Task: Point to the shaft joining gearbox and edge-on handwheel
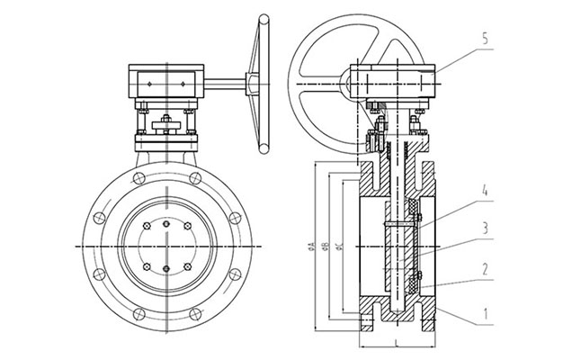point(228,86)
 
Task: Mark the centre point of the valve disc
point(165,245)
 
